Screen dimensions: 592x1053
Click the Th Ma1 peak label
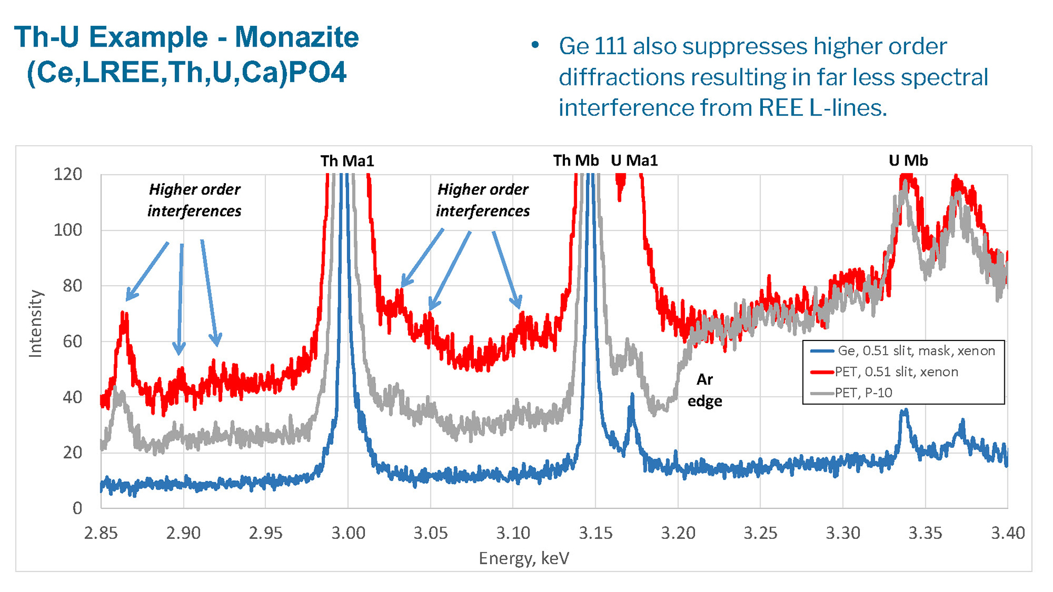pos(347,161)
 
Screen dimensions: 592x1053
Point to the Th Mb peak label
pos(575,160)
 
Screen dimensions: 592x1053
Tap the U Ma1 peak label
pos(634,160)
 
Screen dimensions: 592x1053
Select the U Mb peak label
pos(908,160)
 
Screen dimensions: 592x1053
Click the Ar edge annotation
pos(705,390)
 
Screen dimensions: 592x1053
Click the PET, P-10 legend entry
pos(863,392)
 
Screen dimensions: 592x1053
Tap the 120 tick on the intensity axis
pos(67,174)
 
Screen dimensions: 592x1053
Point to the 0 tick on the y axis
pos(77,508)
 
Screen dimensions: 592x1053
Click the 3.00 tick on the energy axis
pos(348,533)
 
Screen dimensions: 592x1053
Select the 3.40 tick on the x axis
pos(1007,533)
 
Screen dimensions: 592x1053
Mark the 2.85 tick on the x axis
pos(101,533)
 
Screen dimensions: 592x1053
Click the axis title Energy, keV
pos(524,558)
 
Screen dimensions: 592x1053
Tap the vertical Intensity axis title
pos(35,323)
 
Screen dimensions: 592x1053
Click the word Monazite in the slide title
pos(297,37)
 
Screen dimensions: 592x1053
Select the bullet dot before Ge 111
pos(535,45)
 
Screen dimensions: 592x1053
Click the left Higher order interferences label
pos(194,200)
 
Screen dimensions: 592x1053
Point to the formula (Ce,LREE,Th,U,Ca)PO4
pos(186,72)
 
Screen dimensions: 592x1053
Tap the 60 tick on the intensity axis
pos(72,341)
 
